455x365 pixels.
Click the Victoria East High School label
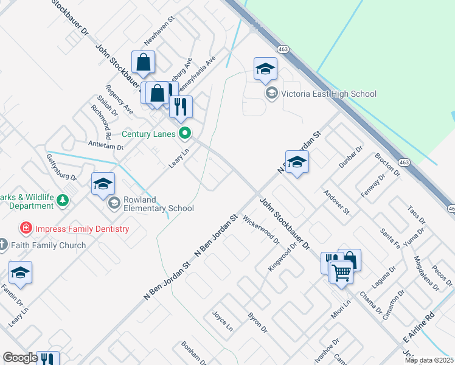coord(329,94)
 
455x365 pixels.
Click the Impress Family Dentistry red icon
coord(26,229)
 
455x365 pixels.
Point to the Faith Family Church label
coord(49,245)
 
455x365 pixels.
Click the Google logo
coord(20,358)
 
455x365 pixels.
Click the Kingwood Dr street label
coord(282,257)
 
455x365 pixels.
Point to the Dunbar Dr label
coord(351,157)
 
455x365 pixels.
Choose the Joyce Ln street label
coord(222,320)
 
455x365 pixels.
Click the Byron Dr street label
coord(258,322)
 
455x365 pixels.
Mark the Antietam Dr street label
coord(106,147)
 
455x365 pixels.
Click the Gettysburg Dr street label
coord(61,167)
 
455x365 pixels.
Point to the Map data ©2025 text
coord(429,360)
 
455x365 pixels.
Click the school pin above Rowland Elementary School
coord(103,184)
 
